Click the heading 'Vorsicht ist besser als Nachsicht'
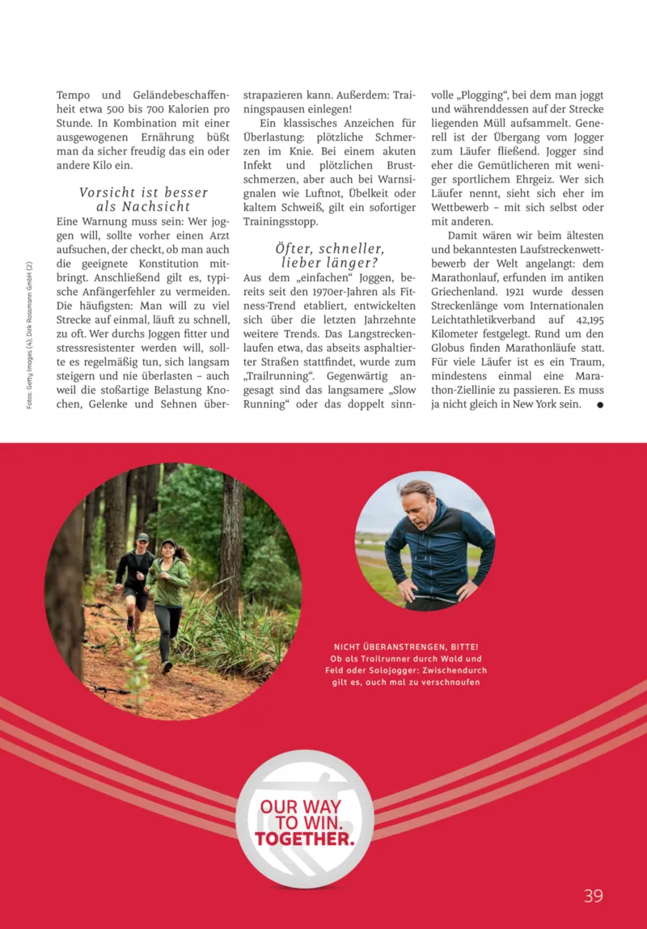144,199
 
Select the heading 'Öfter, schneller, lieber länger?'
329,255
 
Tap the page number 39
594,896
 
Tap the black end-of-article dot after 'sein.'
600,404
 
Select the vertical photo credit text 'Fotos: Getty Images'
29,336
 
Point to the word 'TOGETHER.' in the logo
304,838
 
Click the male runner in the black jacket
135,576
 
